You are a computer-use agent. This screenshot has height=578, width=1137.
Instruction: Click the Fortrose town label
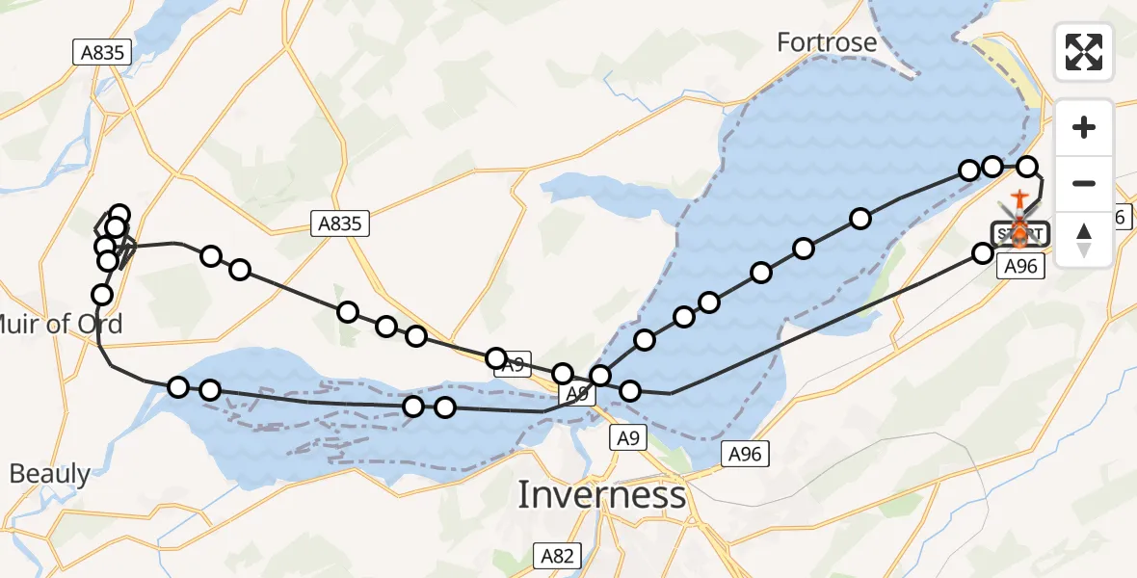coord(828,42)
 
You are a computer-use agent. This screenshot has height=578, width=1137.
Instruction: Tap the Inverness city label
coord(602,495)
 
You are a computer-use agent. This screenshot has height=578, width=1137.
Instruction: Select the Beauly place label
coord(50,474)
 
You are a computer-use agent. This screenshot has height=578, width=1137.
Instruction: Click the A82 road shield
coord(556,555)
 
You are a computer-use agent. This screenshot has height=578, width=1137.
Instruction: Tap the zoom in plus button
coord(1084,128)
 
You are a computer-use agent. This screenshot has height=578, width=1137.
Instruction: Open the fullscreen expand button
coord(1084,52)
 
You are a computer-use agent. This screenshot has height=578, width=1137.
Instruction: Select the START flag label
coord(1019,233)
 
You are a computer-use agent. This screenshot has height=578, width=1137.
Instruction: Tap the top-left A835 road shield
coord(101,52)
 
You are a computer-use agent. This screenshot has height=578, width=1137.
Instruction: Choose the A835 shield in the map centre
coord(341,224)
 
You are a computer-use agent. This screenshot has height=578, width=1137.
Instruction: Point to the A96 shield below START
coord(1019,266)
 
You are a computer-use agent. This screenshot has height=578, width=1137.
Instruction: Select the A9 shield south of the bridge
coord(627,439)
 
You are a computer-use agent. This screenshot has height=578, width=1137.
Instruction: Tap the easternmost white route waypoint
coord(1027,167)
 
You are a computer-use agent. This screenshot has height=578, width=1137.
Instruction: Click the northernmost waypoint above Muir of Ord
coord(119,214)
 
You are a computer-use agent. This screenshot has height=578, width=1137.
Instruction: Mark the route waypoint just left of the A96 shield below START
coord(982,253)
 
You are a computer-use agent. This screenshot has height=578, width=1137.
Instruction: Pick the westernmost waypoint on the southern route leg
coord(178,387)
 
